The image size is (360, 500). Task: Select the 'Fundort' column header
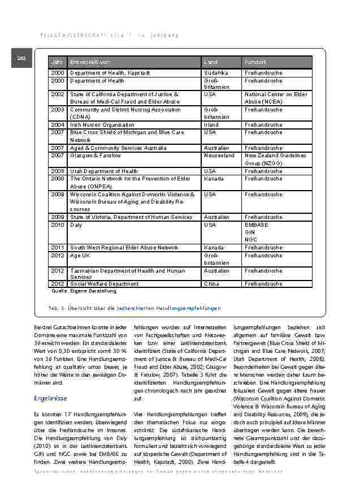point(255,62)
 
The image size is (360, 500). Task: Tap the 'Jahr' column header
point(57,62)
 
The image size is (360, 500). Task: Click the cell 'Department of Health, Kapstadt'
point(110,74)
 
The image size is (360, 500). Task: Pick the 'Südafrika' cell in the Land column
point(215,74)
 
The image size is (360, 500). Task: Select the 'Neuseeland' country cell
point(219,156)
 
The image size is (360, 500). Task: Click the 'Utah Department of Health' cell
point(103,171)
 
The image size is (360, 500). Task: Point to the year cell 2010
point(57,225)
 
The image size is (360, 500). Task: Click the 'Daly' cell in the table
point(76,225)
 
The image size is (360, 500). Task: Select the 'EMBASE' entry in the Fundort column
point(257,225)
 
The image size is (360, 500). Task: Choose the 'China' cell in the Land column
point(211,284)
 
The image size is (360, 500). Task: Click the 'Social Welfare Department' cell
point(104,284)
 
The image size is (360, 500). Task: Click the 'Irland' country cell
point(211,125)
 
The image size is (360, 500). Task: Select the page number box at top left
point(21,58)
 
